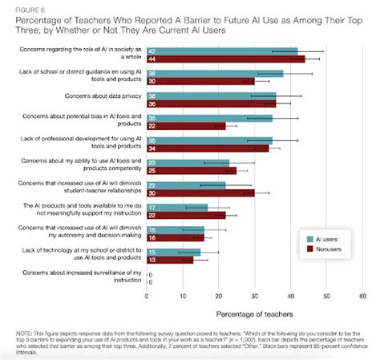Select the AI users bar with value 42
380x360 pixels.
(x=221, y=51)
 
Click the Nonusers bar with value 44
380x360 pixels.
(x=225, y=59)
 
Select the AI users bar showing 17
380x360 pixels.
(x=176, y=207)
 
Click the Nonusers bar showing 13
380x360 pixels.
(x=169, y=260)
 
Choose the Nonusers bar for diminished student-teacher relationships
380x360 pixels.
(x=200, y=193)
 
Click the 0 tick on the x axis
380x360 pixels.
(x=147, y=295)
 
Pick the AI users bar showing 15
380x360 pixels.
(x=173, y=252)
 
